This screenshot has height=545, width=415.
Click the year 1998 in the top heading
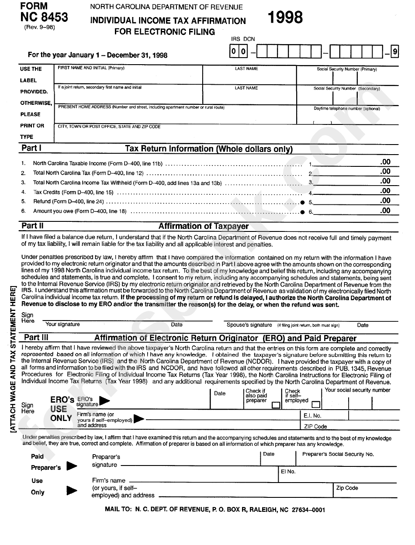coord(284,18)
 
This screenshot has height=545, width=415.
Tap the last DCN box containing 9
coord(394,53)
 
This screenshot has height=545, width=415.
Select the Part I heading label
coord(31,148)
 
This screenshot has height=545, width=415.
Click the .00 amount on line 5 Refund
coord(385,201)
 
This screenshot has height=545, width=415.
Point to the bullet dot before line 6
coord(302,212)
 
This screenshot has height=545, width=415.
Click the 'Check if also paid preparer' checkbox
coord(275,405)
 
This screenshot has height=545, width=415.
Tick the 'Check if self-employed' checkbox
coord(315,405)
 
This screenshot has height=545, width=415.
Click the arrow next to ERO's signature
coord(105,400)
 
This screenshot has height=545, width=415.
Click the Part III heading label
coord(36,338)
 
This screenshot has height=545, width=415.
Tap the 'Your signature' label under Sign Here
coord(62,324)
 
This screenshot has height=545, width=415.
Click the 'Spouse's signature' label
coord(249,325)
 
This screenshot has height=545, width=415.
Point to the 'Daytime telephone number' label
coord(347,109)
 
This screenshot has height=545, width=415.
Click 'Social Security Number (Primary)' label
coord(347,69)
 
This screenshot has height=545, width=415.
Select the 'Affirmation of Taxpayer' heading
coord(203,226)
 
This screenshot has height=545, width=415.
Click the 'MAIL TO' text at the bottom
coord(118,510)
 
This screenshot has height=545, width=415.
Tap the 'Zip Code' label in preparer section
coord(347,488)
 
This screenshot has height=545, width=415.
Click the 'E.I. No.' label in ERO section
coord(312,416)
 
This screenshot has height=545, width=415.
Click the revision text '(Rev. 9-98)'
coord(39,27)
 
